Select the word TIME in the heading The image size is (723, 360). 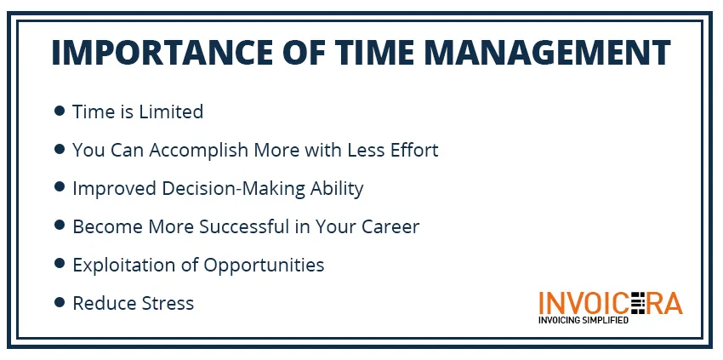[x=375, y=52]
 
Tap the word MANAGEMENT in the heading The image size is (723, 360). [x=547, y=52]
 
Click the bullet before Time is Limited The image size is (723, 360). [x=60, y=111]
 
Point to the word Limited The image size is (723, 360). [x=171, y=111]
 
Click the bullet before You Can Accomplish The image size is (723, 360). [x=60, y=149]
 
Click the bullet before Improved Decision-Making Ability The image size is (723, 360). [x=60, y=187]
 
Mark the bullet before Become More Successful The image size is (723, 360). [x=60, y=226]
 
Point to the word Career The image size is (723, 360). [x=390, y=226]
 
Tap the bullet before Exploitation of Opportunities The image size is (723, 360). [x=60, y=264]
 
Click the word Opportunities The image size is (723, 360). [x=264, y=266]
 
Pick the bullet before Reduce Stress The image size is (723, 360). [x=60, y=302]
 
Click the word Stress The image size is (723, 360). [x=168, y=303]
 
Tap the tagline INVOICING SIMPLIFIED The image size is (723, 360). [x=584, y=320]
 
